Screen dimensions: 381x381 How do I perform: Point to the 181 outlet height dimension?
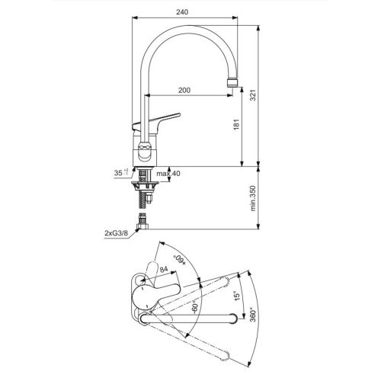pyautogui.click(x=237, y=123)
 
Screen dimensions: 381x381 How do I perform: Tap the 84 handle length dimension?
pyautogui.click(x=162, y=268)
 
